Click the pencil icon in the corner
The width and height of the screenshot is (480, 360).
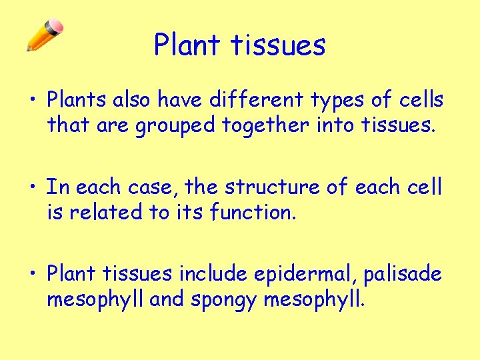(45, 35)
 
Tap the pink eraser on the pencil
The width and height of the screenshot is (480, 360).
(56, 25)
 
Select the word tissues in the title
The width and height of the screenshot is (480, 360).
(278, 45)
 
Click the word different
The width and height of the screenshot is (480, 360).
(257, 99)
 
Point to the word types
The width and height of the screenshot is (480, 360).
(337, 101)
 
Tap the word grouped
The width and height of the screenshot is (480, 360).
(175, 126)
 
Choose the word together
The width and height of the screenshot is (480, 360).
(265, 126)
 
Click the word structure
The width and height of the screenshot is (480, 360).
(272, 187)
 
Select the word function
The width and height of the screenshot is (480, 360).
(253, 211)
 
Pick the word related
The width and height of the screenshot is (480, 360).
(106, 211)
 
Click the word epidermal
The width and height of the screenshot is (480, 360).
(302, 274)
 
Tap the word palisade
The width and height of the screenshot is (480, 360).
(403, 274)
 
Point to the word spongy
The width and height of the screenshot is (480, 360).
(223, 300)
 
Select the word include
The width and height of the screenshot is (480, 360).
(213, 273)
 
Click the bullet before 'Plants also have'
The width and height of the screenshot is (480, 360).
(33, 99)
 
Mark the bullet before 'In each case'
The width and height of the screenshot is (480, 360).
(33, 186)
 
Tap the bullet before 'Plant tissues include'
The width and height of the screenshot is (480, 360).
(33, 273)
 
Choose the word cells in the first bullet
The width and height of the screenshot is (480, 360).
(421, 99)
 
